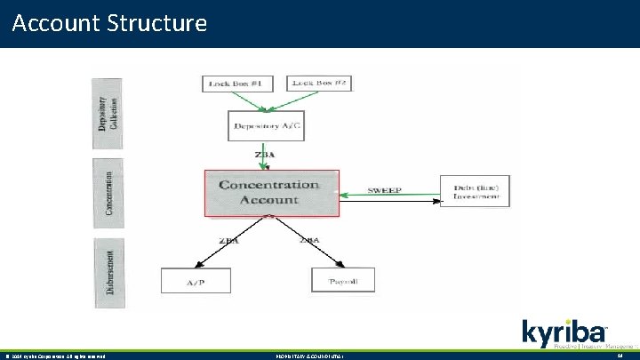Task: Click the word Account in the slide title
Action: (x=54, y=22)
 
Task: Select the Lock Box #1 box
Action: (x=235, y=84)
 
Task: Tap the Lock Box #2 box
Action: (x=322, y=83)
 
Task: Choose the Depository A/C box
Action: (x=267, y=126)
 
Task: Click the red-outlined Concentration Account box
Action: (x=271, y=193)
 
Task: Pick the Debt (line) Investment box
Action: (x=476, y=190)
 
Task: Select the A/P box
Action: (x=196, y=281)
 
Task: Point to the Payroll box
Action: (x=343, y=281)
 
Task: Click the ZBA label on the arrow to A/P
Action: (x=228, y=240)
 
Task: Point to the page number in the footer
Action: (x=620, y=356)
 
